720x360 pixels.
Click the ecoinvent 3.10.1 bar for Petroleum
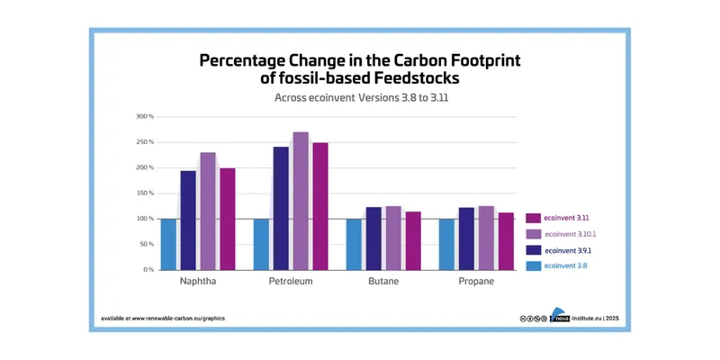(x=301, y=201)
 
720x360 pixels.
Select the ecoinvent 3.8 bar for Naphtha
(x=168, y=244)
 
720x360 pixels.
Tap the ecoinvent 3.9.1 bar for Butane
(x=373, y=238)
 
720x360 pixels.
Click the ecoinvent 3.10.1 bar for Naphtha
(x=208, y=211)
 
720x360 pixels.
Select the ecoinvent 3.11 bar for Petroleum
(x=320, y=206)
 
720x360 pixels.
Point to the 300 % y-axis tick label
(x=145, y=117)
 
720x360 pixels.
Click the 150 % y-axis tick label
(x=145, y=193)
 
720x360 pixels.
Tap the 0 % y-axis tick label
(x=148, y=270)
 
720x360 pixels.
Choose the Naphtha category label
(x=197, y=282)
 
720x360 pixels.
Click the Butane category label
(x=382, y=282)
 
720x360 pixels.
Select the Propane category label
(x=476, y=282)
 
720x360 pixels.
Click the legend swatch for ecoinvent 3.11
(x=533, y=218)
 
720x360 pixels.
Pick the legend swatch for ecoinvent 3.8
(x=533, y=265)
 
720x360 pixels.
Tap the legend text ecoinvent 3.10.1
(x=573, y=234)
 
